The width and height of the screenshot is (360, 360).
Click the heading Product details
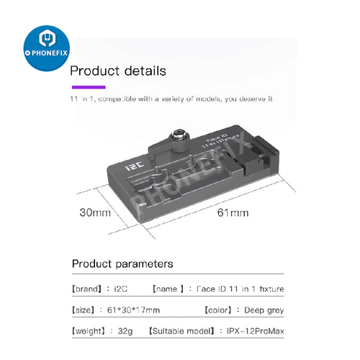point(117,71)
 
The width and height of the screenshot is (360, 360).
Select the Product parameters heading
point(122,264)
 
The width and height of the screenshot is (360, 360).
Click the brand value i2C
point(122,289)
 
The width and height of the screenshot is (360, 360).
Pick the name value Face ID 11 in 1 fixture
point(240,289)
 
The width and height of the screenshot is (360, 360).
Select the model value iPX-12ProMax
point(251,332)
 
